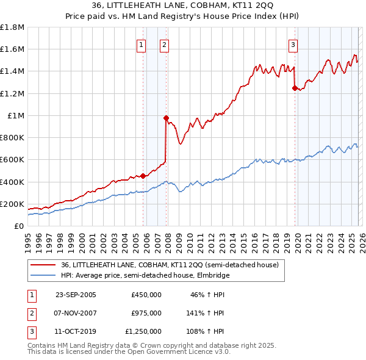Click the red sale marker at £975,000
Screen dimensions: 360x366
pos(166,118)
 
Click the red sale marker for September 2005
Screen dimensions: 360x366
pos(143,176)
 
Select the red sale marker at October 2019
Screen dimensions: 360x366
pos(295,88)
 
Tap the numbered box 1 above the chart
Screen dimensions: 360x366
pos(142,44)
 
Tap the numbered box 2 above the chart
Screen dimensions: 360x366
pos(165,44)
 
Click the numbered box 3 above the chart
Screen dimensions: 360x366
pos(293,44)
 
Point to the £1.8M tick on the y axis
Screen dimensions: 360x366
pos(12,27)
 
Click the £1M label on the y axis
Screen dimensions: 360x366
pos(16,115)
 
